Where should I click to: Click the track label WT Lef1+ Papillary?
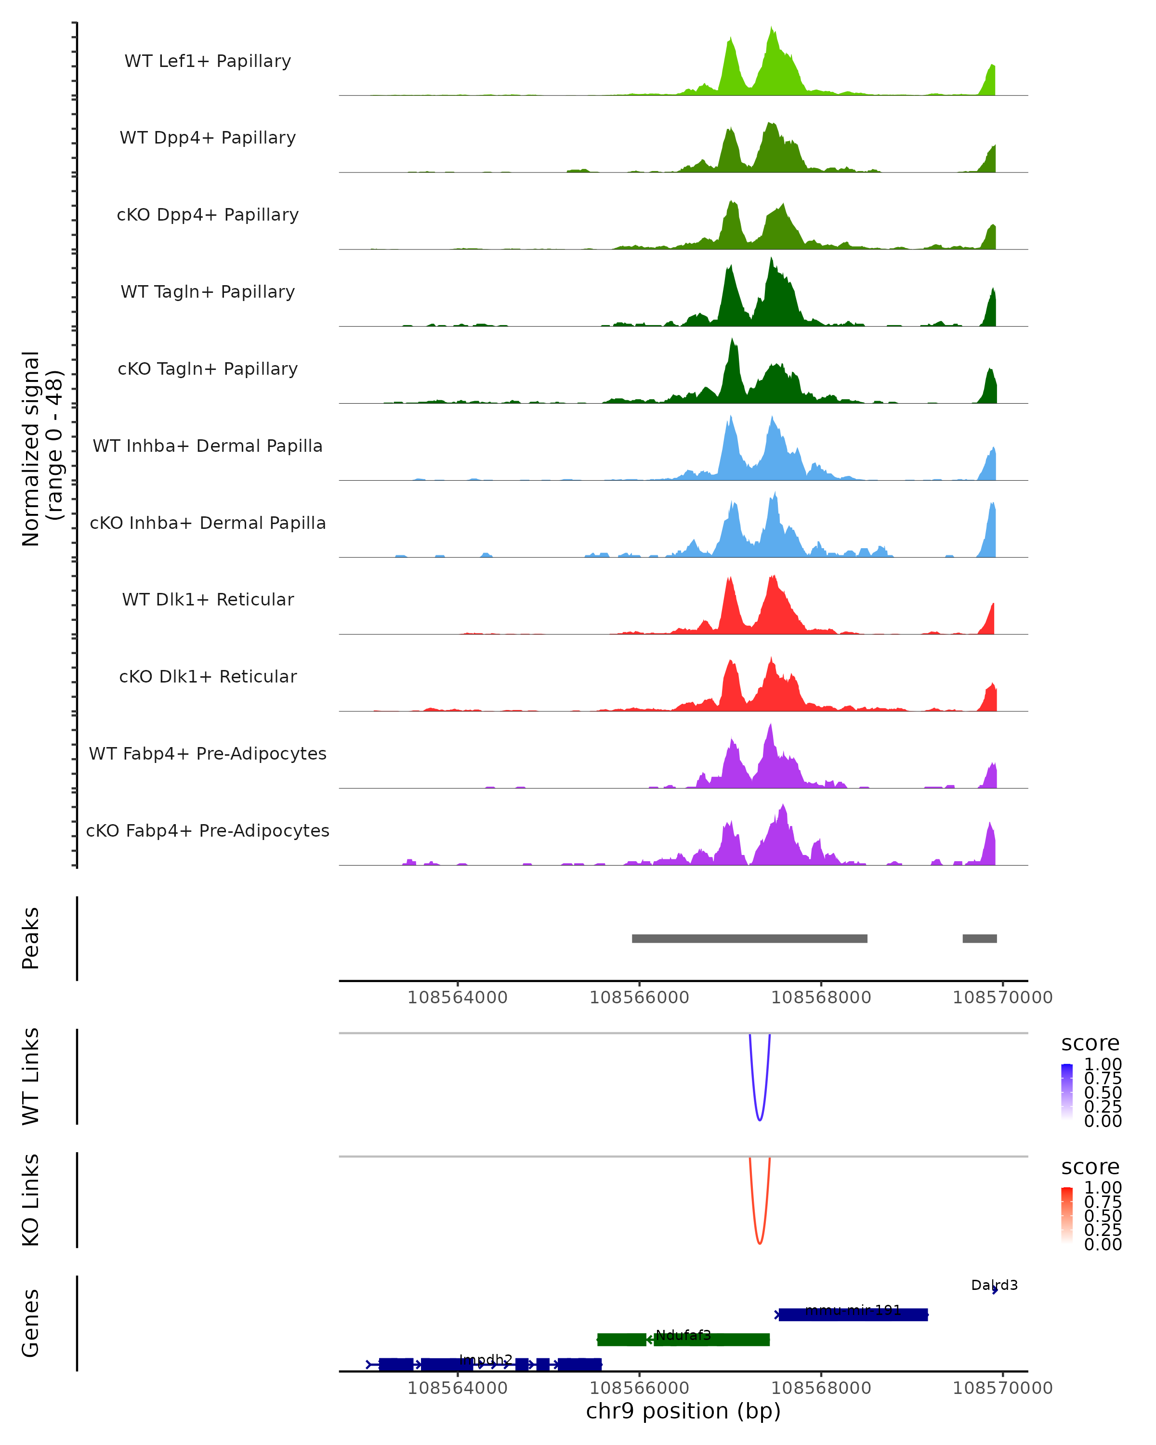pos(208,61)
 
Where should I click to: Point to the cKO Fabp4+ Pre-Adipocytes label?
pos(208,830)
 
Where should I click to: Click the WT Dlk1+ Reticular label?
pos(208,599)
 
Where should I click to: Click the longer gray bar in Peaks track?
pos(749,938)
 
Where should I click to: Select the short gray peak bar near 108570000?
pos(979,938)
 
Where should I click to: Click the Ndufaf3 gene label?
pos(683,1335)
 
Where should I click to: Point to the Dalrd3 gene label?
pos(994,1285)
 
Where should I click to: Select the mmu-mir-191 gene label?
pos(853,1310)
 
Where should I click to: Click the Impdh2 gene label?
pos(486,1359)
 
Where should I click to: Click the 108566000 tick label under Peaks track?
pos(639,998)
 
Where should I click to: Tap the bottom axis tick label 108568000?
pos(821,1387)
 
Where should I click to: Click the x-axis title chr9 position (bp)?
pos(683,1411)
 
